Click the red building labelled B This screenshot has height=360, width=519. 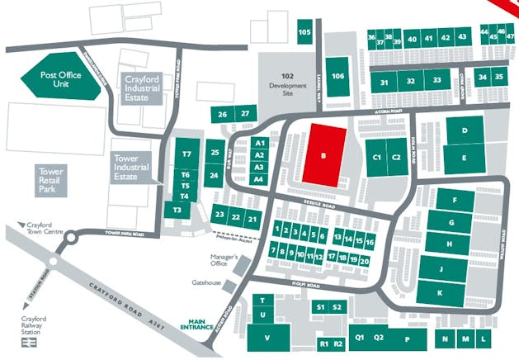coord(324,154)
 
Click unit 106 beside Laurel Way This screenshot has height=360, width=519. coord(337,75)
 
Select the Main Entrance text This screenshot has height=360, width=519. coord(199,324)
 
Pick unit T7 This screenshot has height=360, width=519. coord(186,154)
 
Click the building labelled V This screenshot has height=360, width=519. coord(267,338)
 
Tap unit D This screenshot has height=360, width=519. coord(465,130)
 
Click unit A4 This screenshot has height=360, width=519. coord(259,179)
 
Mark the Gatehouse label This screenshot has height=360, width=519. coord(207,282)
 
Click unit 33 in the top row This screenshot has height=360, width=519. coord(436,81)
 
